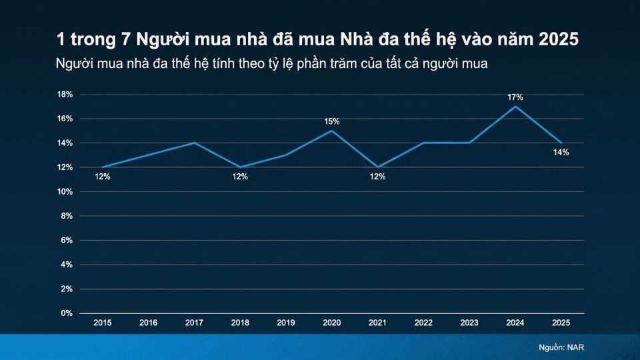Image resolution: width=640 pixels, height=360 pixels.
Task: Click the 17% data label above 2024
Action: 515,97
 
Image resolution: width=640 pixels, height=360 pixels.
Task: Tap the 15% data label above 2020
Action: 332,121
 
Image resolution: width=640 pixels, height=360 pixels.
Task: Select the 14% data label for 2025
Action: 561,153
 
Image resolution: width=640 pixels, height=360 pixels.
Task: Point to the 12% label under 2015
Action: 103,177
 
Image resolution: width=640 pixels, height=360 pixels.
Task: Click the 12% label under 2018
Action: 240,177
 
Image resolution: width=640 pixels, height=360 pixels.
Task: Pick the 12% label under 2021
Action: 377,177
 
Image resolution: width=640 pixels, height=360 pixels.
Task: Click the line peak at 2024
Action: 515,107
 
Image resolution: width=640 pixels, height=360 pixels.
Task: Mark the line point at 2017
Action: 194,143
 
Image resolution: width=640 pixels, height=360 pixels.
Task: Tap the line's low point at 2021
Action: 377,167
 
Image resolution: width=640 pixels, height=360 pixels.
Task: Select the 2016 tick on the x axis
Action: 149,323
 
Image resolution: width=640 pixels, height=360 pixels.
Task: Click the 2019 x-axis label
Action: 286,323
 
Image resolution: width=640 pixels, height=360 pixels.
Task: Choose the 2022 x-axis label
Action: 423,323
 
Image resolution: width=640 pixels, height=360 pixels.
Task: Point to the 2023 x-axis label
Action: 469,323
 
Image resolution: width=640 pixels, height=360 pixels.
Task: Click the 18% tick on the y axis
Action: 65,94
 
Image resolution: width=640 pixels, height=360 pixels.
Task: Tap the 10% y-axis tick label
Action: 65,191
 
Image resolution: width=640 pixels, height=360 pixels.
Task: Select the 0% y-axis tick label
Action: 67,313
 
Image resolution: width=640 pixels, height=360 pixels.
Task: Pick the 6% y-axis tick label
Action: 67,240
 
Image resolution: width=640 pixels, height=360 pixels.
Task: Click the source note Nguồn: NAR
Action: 561,347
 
